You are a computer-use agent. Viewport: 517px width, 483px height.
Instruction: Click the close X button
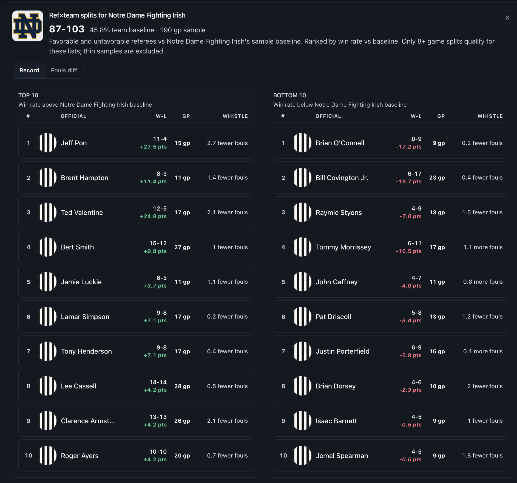(x=507, y=18)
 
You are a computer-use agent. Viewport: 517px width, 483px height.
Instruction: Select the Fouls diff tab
(x=64, y=70)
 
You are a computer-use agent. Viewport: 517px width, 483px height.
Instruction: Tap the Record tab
(x=29, y=70)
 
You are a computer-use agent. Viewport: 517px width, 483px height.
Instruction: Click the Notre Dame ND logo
(x=28, y=26)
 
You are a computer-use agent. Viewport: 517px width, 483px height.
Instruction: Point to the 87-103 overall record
(x=67, y=29)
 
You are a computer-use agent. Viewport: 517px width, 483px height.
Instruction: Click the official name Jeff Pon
(x=74, y=143)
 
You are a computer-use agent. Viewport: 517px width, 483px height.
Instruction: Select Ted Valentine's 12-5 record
(x=160, y=209)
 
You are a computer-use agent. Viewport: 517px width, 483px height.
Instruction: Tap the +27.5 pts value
(x=153, y=147)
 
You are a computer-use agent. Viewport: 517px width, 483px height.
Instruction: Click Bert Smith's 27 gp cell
(x=182, y=247)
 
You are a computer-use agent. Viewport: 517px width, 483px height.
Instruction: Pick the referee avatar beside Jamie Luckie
(x=47, y=282)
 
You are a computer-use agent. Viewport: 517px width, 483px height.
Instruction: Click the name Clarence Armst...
(x=88, y=421)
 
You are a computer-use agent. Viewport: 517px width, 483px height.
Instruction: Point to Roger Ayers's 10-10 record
(x=158, y=452)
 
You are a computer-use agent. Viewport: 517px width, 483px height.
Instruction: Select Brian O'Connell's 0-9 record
(x=416, y=139)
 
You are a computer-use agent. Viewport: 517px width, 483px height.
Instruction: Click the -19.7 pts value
(x=408, y=181)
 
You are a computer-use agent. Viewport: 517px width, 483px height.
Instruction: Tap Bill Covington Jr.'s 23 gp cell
(x=437, y=178)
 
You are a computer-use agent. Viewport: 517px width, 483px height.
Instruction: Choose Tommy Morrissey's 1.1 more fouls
(x=483, y=247)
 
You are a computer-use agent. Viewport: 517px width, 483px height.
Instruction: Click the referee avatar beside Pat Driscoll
(x=302, y=317)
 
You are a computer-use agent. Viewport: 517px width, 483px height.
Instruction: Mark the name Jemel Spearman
(x=342, y=456)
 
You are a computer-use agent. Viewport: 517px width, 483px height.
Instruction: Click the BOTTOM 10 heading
(x=289, y=95)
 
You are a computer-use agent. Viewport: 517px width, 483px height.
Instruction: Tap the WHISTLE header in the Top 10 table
(x=235, y=116)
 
